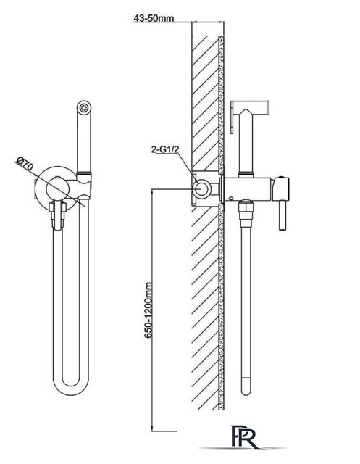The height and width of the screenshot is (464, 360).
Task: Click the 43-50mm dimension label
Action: (x=154, y=18)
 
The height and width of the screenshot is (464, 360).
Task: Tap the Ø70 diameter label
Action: (x=25, y=164)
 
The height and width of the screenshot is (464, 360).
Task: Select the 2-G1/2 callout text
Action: (x=165, y=150)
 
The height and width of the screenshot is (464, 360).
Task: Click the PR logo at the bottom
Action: (x=245, y=436)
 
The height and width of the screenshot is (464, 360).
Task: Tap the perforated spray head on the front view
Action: (x=84, y=107)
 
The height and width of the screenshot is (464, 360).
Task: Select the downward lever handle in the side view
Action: (x=282, y=215)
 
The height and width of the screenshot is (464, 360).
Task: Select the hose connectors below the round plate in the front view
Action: (x=58, y=215)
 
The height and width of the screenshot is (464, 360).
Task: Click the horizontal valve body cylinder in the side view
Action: (x=249, y=188)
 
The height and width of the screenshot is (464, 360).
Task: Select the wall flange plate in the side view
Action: (x=222, y=188)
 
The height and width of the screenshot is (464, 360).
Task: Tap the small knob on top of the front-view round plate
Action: (x=58, y=178)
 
